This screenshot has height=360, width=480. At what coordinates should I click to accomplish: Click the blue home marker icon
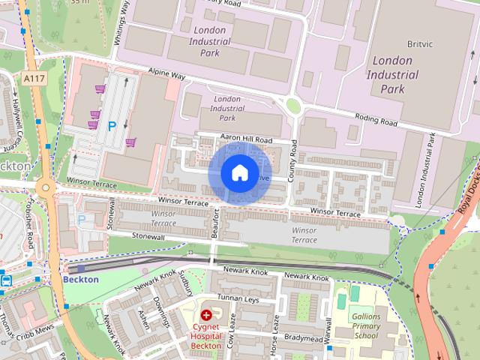pyautogui.click(x=239, y=173)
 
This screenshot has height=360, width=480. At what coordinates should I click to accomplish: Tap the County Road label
pyautogui.click(x=293, y=158)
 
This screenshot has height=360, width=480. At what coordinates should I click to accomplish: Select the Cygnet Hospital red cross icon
pyautogui.click(x=205, y=316)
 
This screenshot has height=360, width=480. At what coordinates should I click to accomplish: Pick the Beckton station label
pyautogui.click(x=81, y=278)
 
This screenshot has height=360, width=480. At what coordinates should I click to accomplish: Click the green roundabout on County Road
pyautogui.click(x=292, y=106)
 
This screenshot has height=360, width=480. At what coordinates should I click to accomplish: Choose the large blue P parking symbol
pyautogui.click(x=112, y=127)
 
